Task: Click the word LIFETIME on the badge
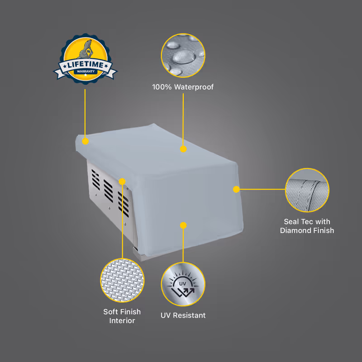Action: tap(86, 65)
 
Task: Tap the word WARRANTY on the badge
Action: tap(86, 71)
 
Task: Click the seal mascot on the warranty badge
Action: tap(86, 50)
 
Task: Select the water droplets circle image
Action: tap(183, 55)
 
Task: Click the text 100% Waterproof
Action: tap(183, 87)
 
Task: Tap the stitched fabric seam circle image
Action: tap(307, 190)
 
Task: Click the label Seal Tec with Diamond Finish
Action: tap(307, 226)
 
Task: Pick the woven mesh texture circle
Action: tap(122, 280)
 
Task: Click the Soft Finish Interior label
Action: tap(122, 316)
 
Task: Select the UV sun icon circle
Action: tap(183, 284)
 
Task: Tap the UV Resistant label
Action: tap(183, 315)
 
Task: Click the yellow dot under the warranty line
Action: tap(86, 141)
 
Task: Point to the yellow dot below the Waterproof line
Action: tap(183, 149)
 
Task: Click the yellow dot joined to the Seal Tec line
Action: tap(236, 190)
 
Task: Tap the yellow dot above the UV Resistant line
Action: tap(183, 225)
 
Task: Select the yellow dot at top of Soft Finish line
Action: tap(122, 181)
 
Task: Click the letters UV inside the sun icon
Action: tap(183, 284)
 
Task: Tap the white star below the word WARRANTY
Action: tap(86, 75)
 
